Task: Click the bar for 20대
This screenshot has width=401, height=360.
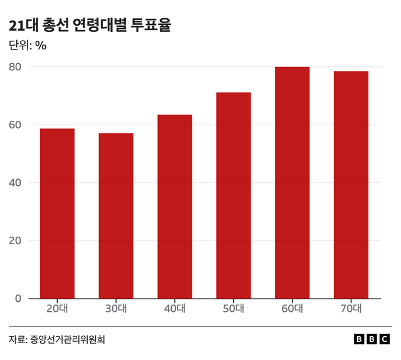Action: (x=57, y=213)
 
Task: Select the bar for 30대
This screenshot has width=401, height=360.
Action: (x=116, y=216)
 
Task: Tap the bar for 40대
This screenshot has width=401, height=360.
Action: (x=175, y=207)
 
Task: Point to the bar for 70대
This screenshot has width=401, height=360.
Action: (x=351, y=185)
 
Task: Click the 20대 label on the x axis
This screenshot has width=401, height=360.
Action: (x=57, y=308)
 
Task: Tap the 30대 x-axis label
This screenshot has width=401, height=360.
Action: (x=116, y=308)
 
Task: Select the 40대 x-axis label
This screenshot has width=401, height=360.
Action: (x=175, y=308)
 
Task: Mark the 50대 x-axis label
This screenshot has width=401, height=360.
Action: (x=233, y=308)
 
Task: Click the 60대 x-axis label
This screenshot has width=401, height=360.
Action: (x=292, y=308)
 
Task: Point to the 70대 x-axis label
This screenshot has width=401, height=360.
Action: (x=351, y=308)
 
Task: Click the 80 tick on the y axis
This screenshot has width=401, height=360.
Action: (x=16, y=67)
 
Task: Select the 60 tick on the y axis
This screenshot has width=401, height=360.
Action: (x=16, y=125)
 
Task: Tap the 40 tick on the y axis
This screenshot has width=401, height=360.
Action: (x=16, y=183)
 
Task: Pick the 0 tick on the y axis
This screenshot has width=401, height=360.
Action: (x=19, y=299)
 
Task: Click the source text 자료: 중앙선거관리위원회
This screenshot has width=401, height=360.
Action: (x=57, y=339)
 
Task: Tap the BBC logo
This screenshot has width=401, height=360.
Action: (x=372, y=339)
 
